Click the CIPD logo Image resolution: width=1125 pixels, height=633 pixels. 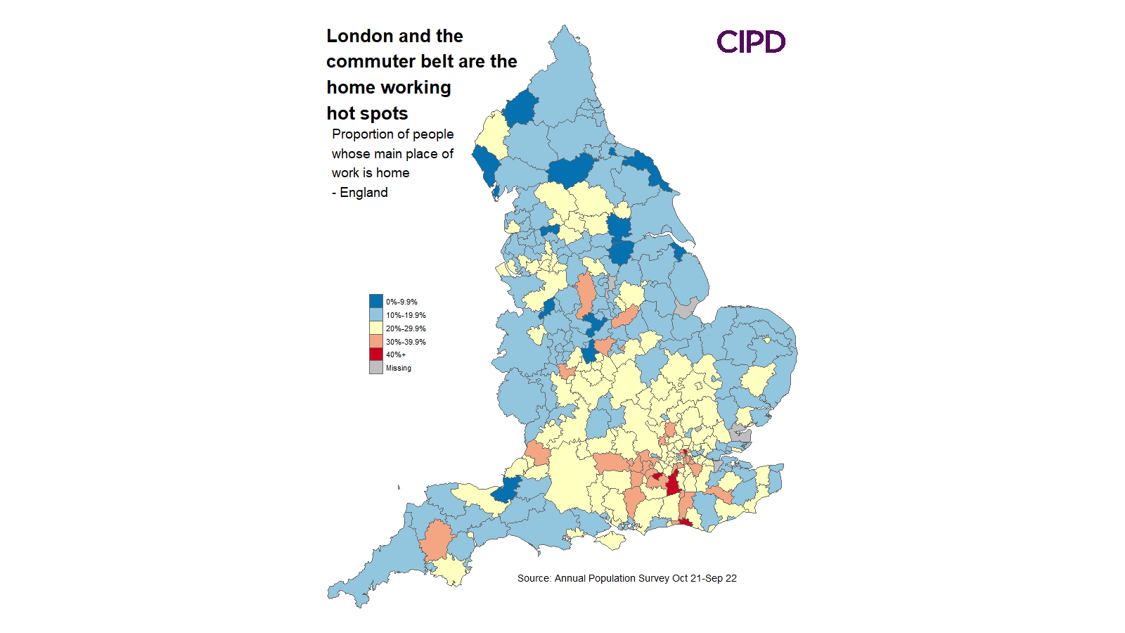[751, 42]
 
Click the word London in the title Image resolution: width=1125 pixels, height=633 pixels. [359, 36]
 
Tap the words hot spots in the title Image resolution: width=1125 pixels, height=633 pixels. [367, 113]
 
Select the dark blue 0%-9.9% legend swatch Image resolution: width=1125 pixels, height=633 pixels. [376, 302]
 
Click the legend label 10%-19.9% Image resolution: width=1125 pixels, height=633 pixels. [406, 315]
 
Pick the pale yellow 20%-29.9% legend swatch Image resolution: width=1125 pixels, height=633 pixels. [376, 328]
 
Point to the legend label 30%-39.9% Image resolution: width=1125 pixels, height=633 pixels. [406, 342]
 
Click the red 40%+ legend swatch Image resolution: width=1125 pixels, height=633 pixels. [376, 354]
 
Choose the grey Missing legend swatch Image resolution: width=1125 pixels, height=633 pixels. [376, 368]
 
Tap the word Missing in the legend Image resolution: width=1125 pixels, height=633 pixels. [399, 368]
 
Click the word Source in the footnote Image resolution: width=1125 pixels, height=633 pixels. [533, 578]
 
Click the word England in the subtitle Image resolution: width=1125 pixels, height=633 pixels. [364, 193]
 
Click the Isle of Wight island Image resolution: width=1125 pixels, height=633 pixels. [612, 541]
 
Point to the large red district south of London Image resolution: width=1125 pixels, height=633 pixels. [673, 484]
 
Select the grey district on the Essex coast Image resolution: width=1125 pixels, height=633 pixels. [740, 433]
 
